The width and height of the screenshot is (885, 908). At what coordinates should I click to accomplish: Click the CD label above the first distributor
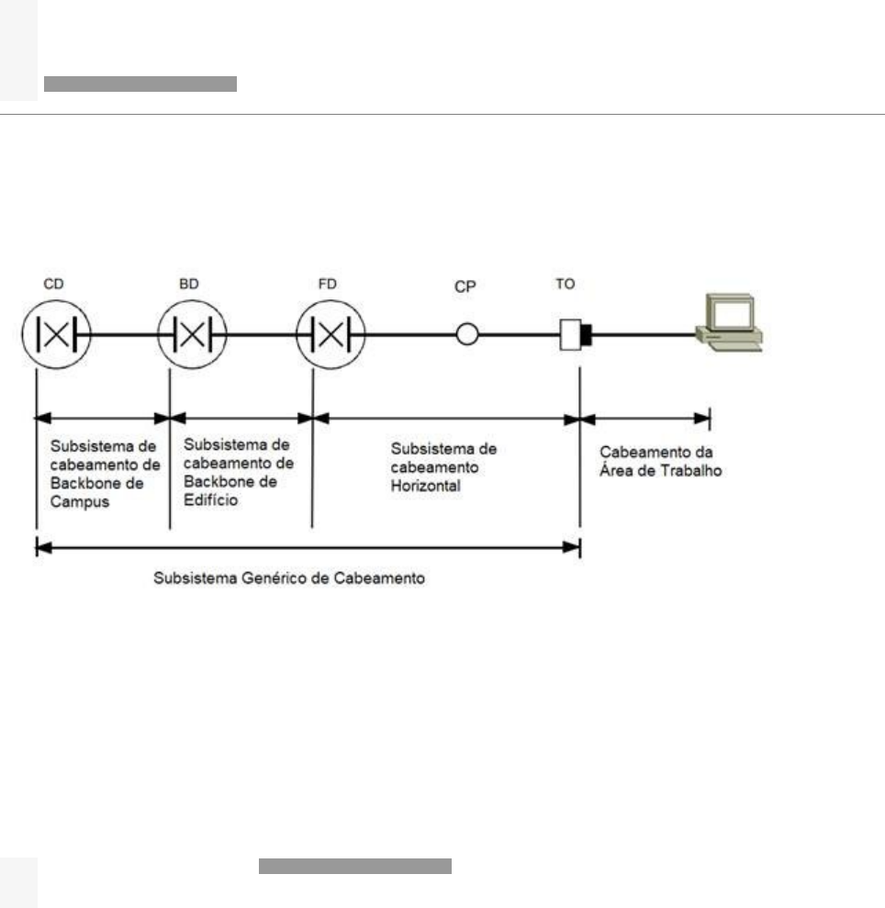(53, 284)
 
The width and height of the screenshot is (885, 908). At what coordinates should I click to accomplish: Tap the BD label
(189, 284)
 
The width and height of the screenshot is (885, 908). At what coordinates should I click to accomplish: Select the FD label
(327, 284)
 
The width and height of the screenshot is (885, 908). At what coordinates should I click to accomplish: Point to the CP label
(465, 286)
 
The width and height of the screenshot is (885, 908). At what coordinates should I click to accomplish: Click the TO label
(566, 284)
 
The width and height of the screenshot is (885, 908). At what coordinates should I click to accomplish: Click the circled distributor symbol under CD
(56, 335)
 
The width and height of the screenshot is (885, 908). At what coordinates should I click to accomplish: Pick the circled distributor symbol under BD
(192, 335)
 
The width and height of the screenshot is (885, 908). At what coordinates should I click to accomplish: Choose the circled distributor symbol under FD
(330, 335)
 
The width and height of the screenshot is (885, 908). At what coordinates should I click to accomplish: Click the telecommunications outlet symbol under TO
(576, 335)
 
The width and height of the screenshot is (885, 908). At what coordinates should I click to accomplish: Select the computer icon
(730, 322)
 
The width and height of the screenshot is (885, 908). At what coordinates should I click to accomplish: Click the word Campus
(79, 501)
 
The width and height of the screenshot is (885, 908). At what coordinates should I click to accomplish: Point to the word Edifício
(210, 499)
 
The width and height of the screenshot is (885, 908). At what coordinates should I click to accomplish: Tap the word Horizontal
(426, 486)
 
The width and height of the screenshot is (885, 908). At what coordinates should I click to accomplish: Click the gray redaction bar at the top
(140, 84)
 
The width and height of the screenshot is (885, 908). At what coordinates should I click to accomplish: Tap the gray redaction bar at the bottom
(355, 867)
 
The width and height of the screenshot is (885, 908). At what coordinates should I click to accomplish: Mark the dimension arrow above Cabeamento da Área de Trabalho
(644, 419)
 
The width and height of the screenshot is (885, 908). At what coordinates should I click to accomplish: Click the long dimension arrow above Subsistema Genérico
(308, 547)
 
